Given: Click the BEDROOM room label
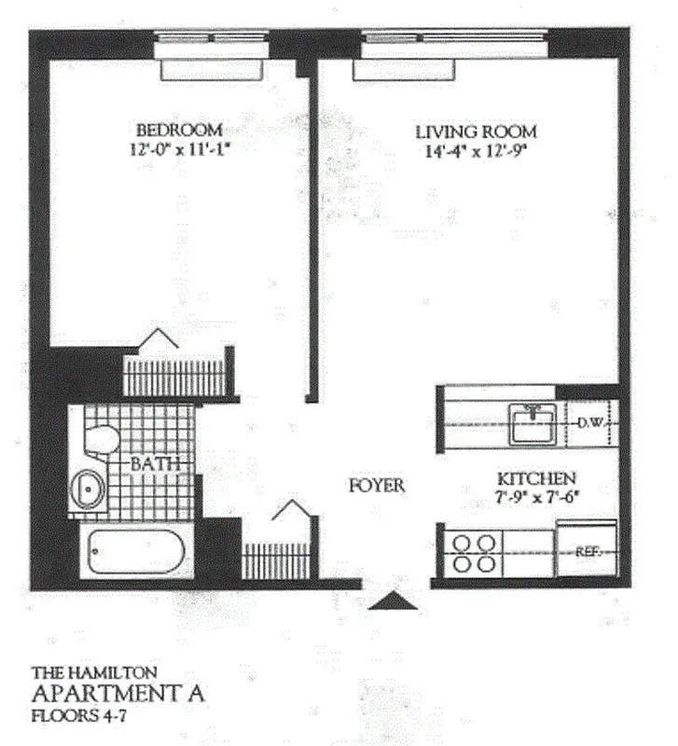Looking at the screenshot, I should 179,129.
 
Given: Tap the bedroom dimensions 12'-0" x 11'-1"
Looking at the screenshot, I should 179,146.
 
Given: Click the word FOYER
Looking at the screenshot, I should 377,486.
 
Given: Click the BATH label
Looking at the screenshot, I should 148,463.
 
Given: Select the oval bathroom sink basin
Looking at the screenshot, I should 90,490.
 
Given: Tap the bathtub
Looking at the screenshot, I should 138,554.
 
